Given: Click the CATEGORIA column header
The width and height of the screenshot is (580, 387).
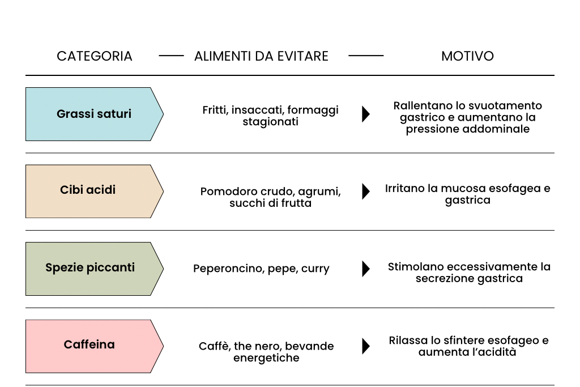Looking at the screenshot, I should [x=95, y=56].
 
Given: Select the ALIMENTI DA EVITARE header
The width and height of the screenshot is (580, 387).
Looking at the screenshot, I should [x=261, y=56].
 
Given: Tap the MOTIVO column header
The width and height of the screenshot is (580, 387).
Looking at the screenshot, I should [x=467, y=56].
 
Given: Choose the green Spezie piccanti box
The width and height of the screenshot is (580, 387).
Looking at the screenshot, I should [x=90, y=268].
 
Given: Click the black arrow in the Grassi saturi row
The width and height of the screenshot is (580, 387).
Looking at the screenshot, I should [x=366, y=114].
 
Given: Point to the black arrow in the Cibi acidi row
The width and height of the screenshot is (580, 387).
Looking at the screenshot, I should [x=366, y=191].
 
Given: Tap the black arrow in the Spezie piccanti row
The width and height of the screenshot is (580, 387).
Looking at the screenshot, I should [x=366, y=268].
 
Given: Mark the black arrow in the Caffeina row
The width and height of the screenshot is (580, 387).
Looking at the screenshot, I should [x=366, y=346].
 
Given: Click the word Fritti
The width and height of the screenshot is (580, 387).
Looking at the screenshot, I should [x=214, y=110].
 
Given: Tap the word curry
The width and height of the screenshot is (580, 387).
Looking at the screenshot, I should [x=315, y=269].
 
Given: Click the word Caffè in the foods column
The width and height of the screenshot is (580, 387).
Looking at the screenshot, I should [x=213, y=346].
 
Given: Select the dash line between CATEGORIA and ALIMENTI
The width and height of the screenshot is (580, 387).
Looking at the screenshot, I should [x=171, y=56].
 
